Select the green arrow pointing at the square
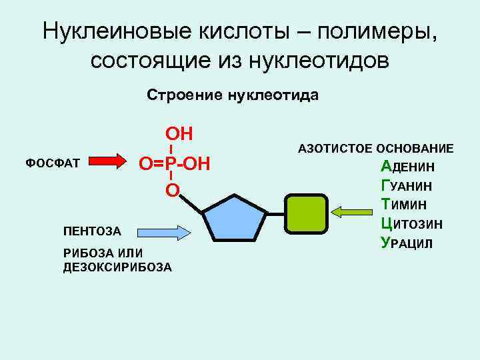tap(353, 212)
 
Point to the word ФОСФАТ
tap(52, 163)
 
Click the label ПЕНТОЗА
tap(92, 232)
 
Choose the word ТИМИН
tap(404, 205)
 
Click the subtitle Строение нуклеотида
tap(233, 95)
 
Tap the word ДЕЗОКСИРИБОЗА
tap(117, 267)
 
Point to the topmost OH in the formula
tap(179, 133)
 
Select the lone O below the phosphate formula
tap(172, 191)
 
